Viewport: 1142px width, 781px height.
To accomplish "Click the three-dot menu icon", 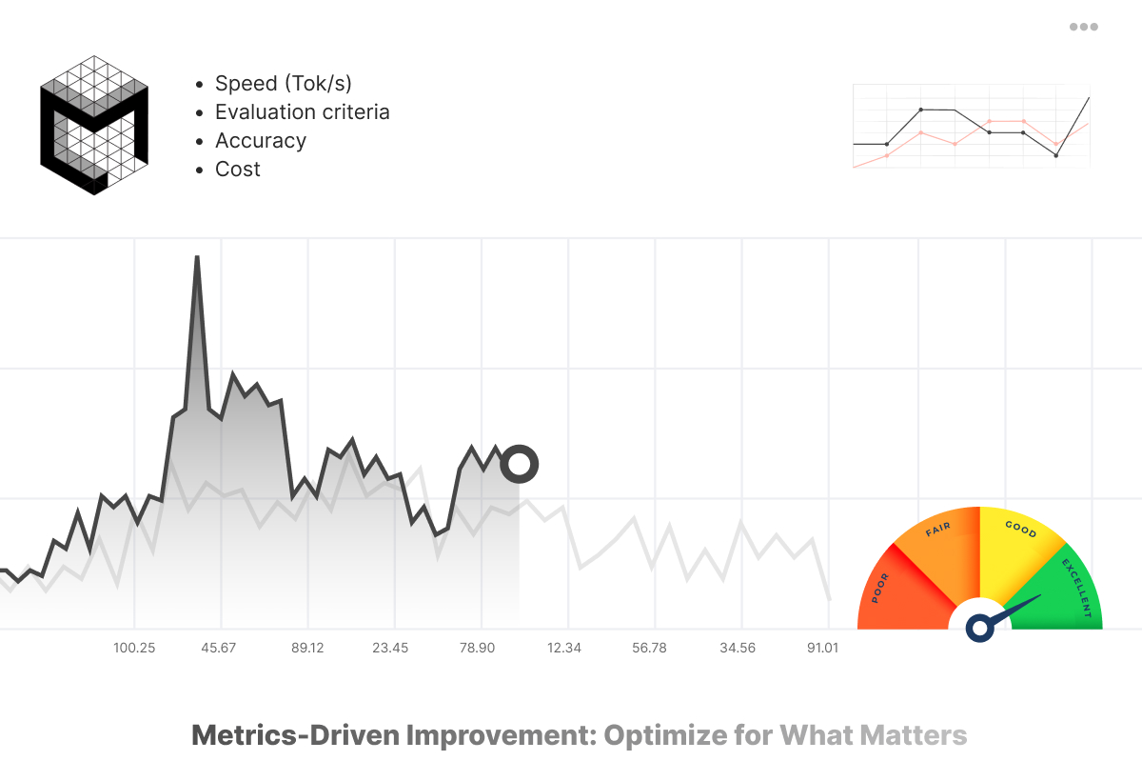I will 1084,27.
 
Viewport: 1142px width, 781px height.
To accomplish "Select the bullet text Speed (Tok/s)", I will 284,84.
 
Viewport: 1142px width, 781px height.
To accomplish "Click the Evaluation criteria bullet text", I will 302,112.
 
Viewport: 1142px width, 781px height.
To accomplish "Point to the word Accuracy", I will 261,141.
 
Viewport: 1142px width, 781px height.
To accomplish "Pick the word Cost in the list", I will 238,170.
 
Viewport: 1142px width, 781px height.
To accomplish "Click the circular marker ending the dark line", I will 520,465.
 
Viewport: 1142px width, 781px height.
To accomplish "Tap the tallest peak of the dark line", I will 196,259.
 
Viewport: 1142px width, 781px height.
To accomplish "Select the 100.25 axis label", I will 134,648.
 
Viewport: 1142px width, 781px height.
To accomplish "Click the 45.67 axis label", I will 219,648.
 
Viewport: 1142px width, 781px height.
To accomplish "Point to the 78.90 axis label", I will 477,648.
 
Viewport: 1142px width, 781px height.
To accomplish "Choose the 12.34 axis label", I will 564,648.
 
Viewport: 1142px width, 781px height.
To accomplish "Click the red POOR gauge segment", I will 899,591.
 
